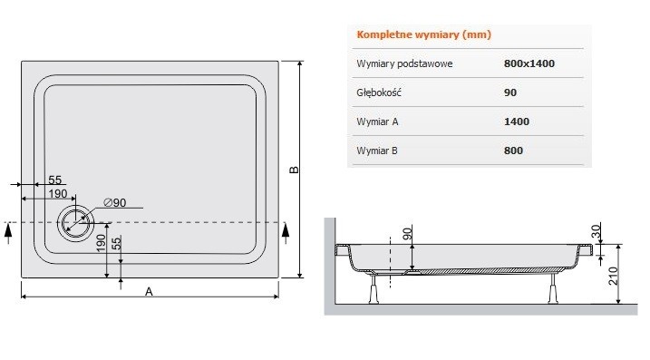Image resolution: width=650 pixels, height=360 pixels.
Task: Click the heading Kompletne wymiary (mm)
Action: (x=413, y=35)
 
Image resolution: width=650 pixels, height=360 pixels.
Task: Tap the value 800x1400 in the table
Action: (x=529, y=63)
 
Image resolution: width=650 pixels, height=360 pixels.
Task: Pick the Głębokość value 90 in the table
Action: (x=509, y=92)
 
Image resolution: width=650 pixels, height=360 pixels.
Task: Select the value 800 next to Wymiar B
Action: (x=513, y=150)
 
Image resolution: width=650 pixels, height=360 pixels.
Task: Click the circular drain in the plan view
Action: (x=73, y=221)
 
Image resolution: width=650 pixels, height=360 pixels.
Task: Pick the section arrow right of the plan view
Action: (x=286, y=231)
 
